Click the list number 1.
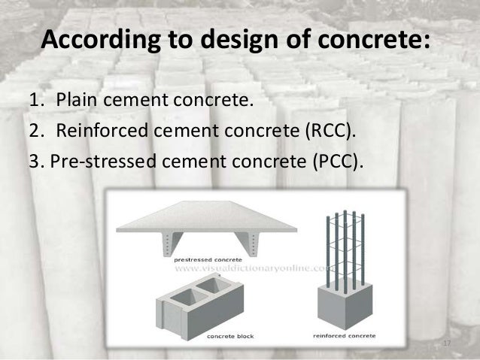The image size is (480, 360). pos(35,101)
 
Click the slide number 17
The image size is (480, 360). pos(446,344)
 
